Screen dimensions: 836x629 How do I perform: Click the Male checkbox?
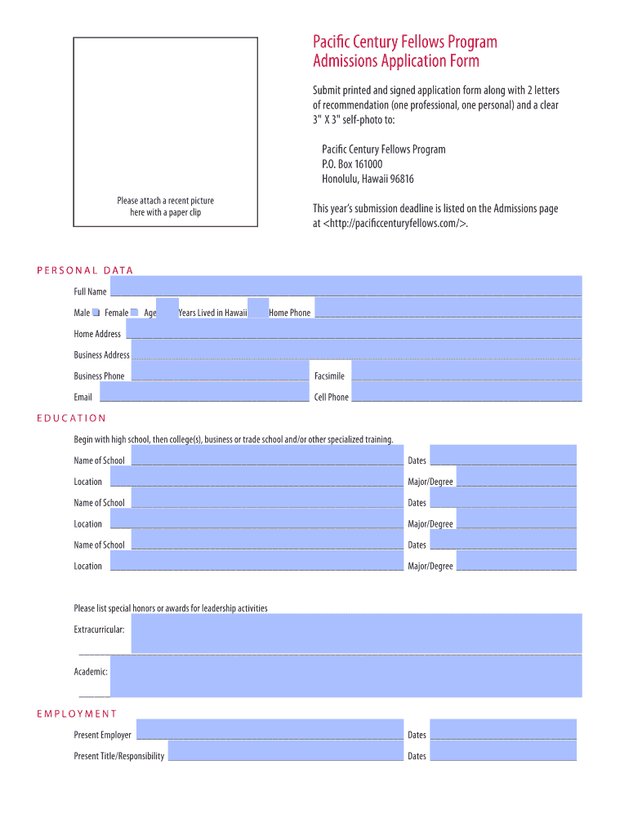pyautogui.click(x=96, y=313)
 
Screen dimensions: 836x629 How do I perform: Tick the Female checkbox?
pyautogui.click(x=135, y=313)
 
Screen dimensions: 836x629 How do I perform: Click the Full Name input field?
pyautogui.click(x=346, y=286)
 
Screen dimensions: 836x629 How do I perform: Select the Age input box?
pyautogui.click(x=167, y=308)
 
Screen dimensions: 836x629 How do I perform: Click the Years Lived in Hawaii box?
pyautogui.click(x=258, y=308)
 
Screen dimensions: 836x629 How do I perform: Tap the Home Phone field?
pyautogui.click(x=448, y=308)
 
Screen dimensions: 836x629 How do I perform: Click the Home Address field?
pyautogui.click(x=354, y=328)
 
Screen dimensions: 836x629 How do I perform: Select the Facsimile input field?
pyautogui.click(x=466, y=371)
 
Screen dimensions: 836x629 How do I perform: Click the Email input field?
pyautogui.click(x=204, y=392)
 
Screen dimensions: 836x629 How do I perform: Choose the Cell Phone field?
pyautogui.click(x=466, y=392)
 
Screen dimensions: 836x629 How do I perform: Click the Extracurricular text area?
pyautogui.click(x=356, y=634)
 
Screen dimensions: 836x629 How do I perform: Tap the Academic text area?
pyautogui.click(x=345, y=676)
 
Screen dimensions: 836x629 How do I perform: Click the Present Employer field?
pyautogui.click(x=270, y=729)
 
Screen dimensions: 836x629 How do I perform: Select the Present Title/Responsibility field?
pyautogui.click(x=285, y=750)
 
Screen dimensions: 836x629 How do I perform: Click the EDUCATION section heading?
pyautogui.click(x=72, y=418)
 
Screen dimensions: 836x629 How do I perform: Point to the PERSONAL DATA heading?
pyautogui.click(x=85, y=270)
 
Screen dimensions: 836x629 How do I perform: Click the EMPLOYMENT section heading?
pyautogui.click(x=77, y=714)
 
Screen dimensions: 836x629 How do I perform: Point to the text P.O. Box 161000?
pyautogui.click(x=352, y=164)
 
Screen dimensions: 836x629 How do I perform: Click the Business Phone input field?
pyautogui.click(x=220, y=371)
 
